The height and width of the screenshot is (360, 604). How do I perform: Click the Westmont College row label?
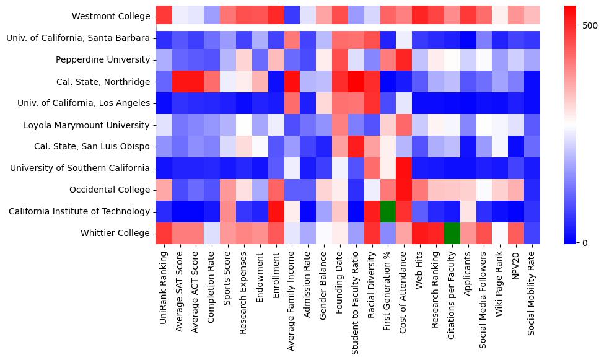pos(111,16)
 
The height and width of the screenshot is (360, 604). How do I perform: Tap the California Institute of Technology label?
pos(79,211)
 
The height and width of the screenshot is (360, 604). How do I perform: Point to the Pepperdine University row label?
pos(102,59)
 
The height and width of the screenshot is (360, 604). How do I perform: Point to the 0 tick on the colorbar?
pos(584,242)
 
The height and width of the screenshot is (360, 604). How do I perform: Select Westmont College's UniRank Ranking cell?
pos(164,16)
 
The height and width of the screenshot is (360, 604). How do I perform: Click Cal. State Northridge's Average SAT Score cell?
pos(180,81)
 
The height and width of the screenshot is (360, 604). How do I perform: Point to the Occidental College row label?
pos(110,190)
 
